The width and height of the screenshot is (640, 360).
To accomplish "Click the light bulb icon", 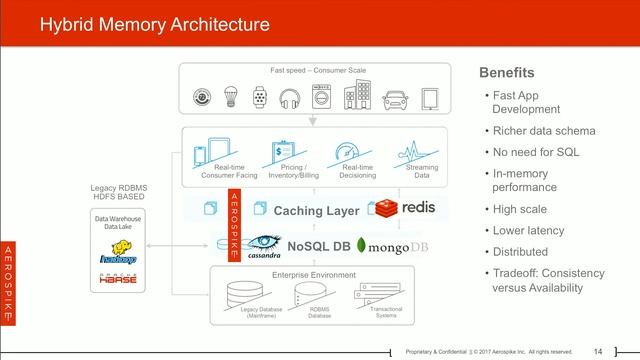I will pyautogui.click(x=229, y=98).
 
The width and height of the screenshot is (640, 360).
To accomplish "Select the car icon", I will pyautogui.click(x=394, y=98).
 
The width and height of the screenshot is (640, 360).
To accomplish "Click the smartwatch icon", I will pyautogui.click(x=260, y=98).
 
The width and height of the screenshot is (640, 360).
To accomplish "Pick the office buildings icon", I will pyautogui.click(x=359, y=98).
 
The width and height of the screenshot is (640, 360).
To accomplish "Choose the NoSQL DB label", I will pyautogui.click(x=319, y=245).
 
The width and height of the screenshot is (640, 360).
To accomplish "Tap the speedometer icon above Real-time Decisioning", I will pyautogui.click(x=347, y=153).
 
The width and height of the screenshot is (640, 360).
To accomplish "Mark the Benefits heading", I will pyautogui.click(x=507, y=73).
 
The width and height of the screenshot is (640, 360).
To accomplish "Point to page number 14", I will pyautogui.click(x=598, y=350).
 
